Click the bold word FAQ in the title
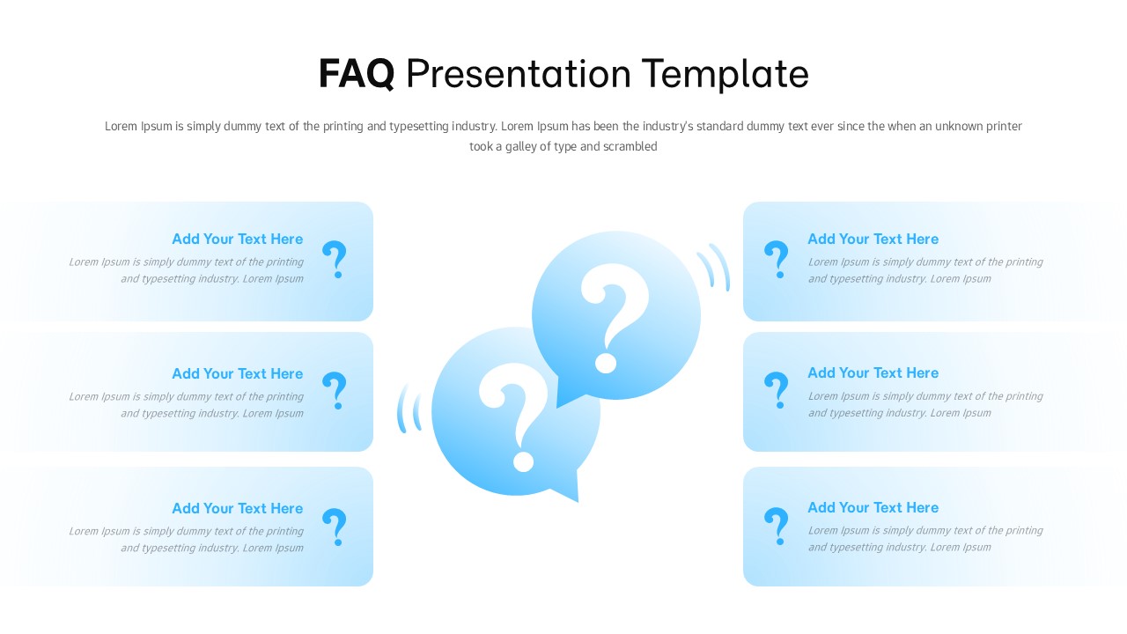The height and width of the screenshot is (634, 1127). click(356, 74)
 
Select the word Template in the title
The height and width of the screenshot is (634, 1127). click(726, 74)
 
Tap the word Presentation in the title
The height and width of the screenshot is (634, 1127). click(519, 74)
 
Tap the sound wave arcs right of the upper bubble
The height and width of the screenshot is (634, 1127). click(714, 266)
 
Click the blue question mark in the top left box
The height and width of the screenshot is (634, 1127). click(335, 260)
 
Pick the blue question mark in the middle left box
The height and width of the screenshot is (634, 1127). click(335, 390)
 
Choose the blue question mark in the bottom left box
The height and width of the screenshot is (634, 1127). click(335, 527)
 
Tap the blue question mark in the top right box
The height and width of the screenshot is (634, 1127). click(776, 260)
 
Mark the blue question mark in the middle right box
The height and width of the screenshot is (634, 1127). click(776, 390)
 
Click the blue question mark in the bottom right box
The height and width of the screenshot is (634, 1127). click(776, 526)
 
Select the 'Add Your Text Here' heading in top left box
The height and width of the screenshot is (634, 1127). click(237, 239)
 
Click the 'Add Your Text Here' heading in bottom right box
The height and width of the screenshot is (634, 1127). click(873, 507)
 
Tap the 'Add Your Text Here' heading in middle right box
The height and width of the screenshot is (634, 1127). click(873, 372)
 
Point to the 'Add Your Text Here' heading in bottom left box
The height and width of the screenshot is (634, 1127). click(237, 508)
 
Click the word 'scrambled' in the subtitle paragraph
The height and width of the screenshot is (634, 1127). click(630, 147)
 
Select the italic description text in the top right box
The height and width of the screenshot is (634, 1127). click(924, 270)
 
